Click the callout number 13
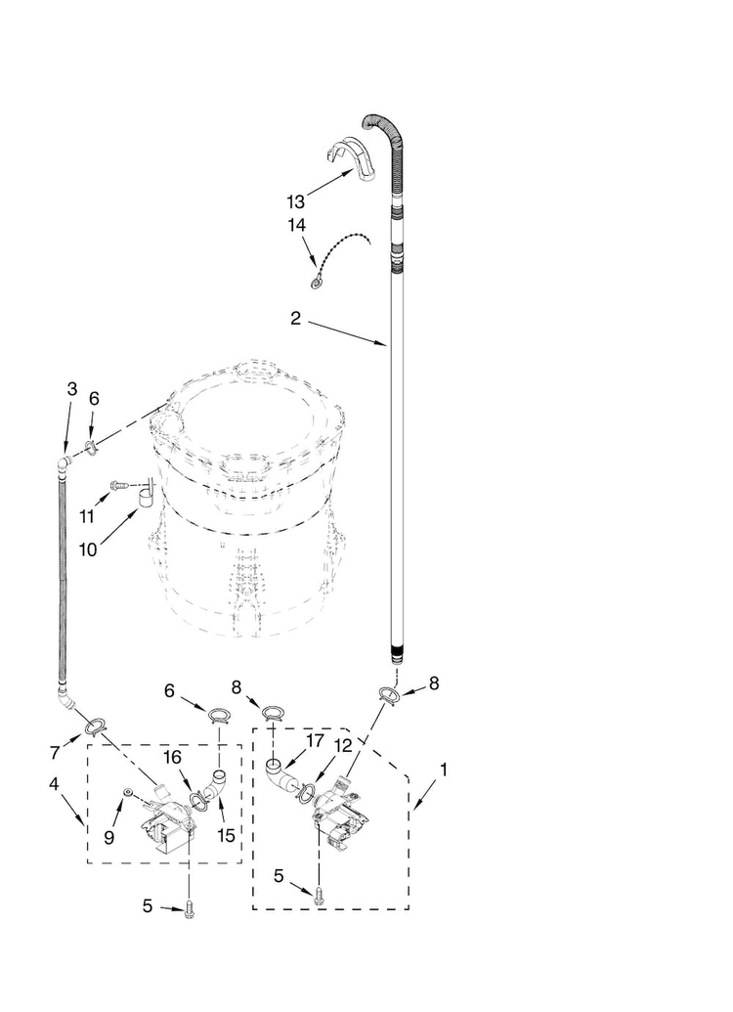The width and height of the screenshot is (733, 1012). tap(295, 202)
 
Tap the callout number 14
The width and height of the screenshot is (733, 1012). tap(297, 225)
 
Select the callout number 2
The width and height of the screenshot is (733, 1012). tap(295, 318)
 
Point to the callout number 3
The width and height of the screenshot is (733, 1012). tap(72, 388)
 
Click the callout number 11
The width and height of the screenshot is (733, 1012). tap(86, 517)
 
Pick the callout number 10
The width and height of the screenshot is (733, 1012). tap(88, 550)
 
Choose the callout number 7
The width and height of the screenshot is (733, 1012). tap(55, 753)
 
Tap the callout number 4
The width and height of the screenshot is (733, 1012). tap(54, 783)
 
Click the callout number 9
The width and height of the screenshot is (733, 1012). tap(108, 837)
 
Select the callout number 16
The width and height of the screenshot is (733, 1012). tap(172, 757)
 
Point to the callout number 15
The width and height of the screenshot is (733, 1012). tap(226, 835)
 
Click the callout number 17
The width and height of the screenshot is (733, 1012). tap(315, 740)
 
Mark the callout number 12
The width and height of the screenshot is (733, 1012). tap(344, 746)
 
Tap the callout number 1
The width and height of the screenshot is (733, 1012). tap(444, 770)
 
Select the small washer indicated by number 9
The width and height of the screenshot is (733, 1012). tap(128, 791)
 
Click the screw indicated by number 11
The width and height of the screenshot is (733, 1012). tap(119, 484)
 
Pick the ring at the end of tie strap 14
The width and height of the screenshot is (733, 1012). tap(316, 281)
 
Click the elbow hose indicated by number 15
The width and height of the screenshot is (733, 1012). tap(214, 782)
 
